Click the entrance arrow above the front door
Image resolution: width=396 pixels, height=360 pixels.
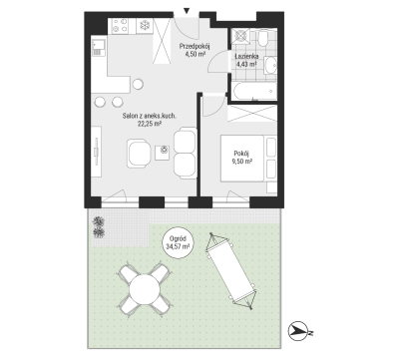(x=187, y=11)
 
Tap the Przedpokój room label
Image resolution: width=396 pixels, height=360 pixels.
(x=195, y=46)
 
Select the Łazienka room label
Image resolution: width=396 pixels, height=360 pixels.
(x=246, y=57)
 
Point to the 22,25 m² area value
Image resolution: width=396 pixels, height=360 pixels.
(x=150, y=124)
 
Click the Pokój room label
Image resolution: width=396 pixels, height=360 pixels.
(x=241, y=154)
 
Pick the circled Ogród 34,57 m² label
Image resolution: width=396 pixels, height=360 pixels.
(x=178, y=242)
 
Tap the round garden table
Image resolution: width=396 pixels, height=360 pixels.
(x=145, y=289)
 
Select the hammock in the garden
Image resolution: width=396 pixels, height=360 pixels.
(x=230, y=271)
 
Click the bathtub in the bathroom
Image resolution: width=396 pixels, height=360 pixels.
(x=255, y=91)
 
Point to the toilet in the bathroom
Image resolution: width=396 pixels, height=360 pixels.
(x=263, y=39)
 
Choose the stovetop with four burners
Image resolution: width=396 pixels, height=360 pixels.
(x=121, y=26)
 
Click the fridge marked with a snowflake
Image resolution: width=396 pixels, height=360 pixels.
(x=145, y=26)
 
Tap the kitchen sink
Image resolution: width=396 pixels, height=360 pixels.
(x=99, y=48)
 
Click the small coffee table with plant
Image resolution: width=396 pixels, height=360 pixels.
(x=164, y=153)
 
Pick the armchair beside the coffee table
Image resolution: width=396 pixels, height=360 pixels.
(x=139, y=154)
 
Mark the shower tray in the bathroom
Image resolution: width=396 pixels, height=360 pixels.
(x=240, y=36)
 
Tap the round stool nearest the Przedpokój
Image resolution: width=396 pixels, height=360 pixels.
(x=138, y=84)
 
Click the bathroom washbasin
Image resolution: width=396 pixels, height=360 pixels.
(x=271, y=65)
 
